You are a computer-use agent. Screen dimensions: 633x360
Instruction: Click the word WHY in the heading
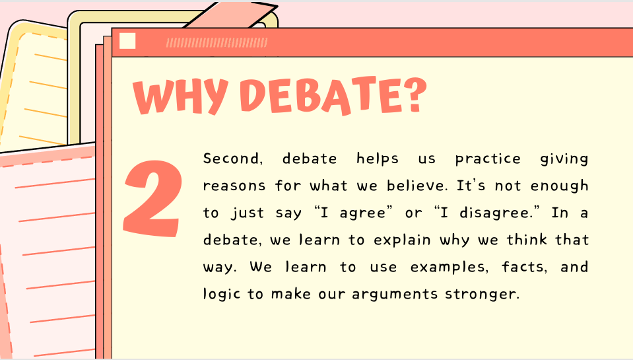tap(180, 96)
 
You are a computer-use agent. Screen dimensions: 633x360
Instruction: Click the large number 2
tap(152, 198)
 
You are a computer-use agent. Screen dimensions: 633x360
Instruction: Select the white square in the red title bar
tap(127, 41)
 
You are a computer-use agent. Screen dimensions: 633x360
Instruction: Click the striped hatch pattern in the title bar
tap(217, 42)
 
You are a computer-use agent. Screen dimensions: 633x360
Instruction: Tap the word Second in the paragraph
tap(232, 159)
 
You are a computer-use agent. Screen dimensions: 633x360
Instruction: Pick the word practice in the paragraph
tap(488, 159)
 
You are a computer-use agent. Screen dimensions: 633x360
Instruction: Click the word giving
tap(564, 159)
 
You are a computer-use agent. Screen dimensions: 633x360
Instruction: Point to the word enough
tap(559, 186)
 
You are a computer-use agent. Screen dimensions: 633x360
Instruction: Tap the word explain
tap(402, 240)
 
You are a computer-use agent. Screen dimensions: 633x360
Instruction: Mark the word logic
tap(222, 294)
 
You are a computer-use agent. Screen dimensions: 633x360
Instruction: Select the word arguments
tap(395, 295)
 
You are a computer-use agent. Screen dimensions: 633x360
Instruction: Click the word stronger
tap(481, 295)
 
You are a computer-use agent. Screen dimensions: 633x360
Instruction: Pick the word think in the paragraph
tap(527, 240)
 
